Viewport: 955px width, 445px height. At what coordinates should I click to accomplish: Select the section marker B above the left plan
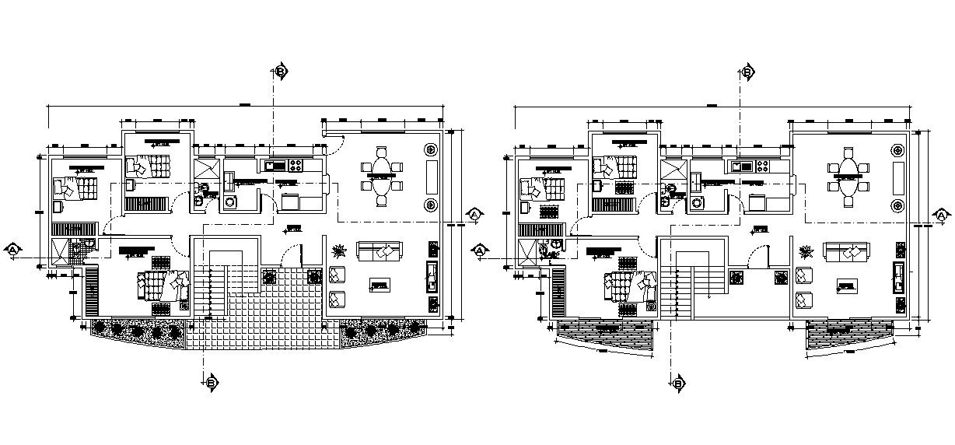[281, 72]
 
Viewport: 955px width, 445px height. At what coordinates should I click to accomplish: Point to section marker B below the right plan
[678, 383]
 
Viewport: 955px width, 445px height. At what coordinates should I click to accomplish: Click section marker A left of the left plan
[13, 250]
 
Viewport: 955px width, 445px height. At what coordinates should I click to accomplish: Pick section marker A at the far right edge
[941, 215]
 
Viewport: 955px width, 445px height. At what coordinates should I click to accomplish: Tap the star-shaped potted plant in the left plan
[339, 251]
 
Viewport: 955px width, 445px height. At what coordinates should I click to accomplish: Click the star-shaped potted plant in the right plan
[806, 251]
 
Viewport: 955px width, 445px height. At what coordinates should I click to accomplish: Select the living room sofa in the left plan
[379, 251]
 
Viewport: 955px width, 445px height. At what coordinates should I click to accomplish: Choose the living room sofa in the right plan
[845, 251]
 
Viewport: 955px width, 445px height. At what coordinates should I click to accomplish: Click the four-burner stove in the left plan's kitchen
[296, 165]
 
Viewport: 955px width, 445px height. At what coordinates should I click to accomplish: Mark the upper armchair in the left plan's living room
[338, 275]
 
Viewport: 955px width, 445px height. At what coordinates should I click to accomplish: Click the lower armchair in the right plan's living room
[804, 298]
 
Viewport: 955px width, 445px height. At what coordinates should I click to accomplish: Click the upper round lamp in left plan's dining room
[431, 149]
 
